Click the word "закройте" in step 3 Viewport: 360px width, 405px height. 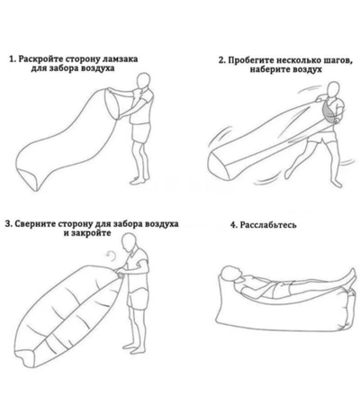click(91, 232)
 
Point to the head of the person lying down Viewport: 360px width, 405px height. click(230, 274)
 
